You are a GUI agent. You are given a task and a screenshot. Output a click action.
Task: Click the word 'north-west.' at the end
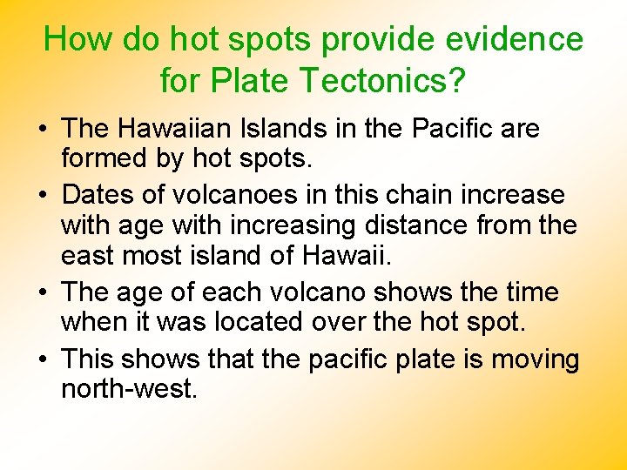point(129,389)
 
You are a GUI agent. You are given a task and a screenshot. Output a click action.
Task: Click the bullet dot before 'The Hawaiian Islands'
point(43,130)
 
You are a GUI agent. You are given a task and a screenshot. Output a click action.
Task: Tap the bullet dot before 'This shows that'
point(43,359)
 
